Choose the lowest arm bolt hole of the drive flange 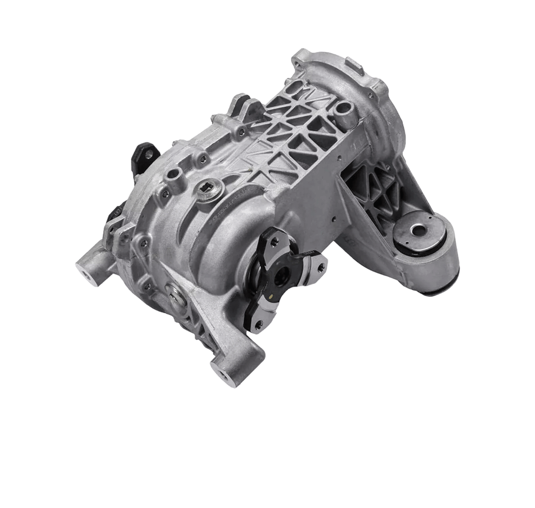(x=257, y=323)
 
